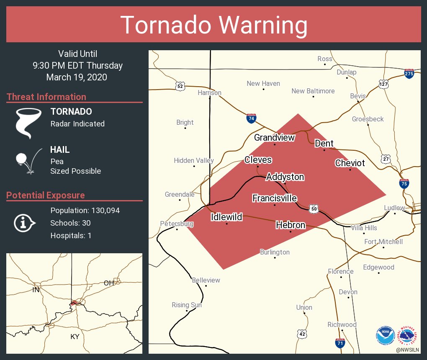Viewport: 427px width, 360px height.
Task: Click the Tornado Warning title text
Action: click(x=213, y=25)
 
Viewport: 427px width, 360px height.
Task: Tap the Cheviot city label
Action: click(x=350, y=163)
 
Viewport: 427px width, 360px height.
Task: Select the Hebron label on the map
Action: click(x=291, y=225)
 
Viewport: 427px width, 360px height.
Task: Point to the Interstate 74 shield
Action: click(x=251, y=119)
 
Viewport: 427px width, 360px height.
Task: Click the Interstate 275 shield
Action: click(x=409, y=74)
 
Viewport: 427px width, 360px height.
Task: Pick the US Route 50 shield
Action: click(x=314, y=208)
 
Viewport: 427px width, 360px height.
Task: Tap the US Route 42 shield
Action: click(x=302, y=334)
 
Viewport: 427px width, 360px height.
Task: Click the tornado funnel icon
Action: click(x=28, y=122)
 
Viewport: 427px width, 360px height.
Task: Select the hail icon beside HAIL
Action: click(x=27, y=160)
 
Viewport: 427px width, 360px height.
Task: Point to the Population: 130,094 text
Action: click(x=85, y=211)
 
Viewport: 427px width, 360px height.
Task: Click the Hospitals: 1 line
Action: click(x=71, y=236)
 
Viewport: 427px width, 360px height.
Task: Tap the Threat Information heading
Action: click(x=46, y=97)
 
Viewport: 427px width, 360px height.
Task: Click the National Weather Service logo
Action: click(x=409, y=335)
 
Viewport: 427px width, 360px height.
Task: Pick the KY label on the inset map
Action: click(x=75, y=337)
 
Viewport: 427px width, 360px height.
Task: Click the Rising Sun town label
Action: click(x=187, y=305)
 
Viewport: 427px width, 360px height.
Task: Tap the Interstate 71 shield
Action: click(x=340, y=343)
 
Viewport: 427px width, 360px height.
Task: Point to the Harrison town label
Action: click(x=209, y=93)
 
